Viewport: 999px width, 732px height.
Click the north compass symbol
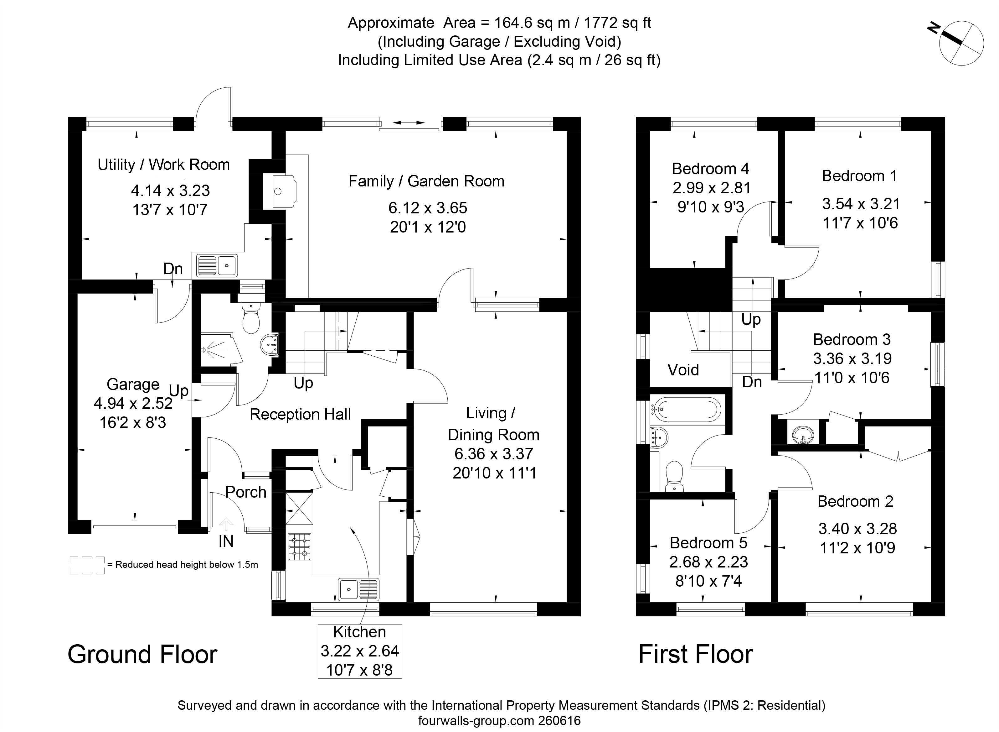[960, 44]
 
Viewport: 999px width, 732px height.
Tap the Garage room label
[133, 384]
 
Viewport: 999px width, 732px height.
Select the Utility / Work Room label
[163, 165]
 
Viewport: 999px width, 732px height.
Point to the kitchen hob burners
[300, 547]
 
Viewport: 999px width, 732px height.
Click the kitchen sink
[358, 589]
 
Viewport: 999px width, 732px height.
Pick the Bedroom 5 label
[708, 543]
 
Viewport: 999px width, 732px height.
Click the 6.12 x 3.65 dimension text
[428, 208]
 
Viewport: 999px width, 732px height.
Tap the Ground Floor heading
[142, 655]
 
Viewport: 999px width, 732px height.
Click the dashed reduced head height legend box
[87, 565]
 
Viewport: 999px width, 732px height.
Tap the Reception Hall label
[300, 414]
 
